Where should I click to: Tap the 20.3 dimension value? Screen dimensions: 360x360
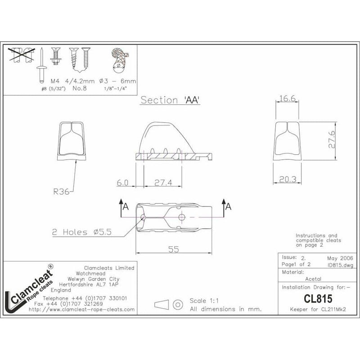[287, 179]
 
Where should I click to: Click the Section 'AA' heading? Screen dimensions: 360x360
[170, 100]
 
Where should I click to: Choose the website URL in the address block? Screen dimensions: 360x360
[81, 310]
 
